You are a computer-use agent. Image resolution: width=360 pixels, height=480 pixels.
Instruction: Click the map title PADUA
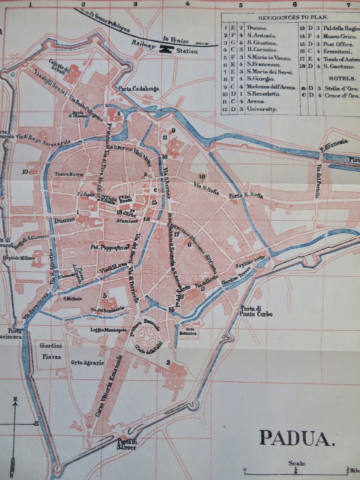tap(296, 438)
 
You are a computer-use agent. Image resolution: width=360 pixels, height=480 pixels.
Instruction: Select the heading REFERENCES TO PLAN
tap(293, 18)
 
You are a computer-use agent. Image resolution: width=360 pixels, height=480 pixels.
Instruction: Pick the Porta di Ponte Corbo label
tap(256, 311)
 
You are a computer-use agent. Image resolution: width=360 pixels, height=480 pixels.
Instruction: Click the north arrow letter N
tap(14, 399)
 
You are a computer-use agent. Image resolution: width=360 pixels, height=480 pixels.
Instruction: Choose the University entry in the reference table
tap(262, 109)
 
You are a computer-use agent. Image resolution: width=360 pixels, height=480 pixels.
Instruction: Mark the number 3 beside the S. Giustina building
tap(168, 362)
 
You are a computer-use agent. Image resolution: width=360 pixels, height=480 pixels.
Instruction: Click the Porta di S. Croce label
tap(127, 444)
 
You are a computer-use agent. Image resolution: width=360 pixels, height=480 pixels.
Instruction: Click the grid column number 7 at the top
tap(348, 5)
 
